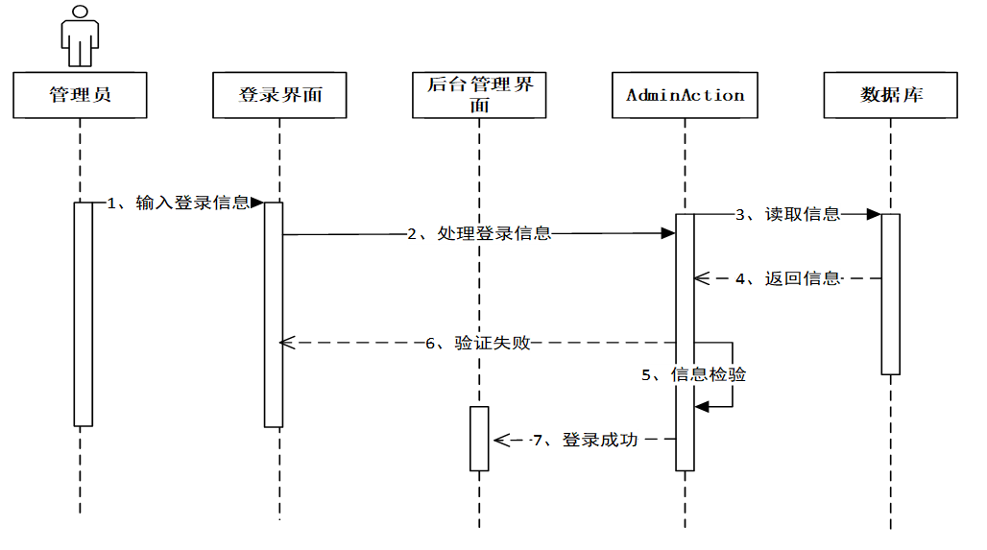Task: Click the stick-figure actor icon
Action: pyautogui.click(x=80, y=35)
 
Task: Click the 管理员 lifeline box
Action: pyautogui.click(x=80, y=95)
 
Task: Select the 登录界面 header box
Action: pyautogui.click(x=279, y=95)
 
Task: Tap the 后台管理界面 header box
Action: pyautogui.click(x=479, y=95)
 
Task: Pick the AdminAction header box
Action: pyautogui.click(x=685, y=95)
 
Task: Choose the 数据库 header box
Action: pyautogui.click(x=891, y=95)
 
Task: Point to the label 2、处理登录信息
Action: pyautogui.click(x=479, y=233)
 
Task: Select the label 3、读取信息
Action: pyautogui.click(x=787, y=214)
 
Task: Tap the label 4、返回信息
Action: pyautogui.click(x=787, y=279)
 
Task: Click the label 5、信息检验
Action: pyautogui.click(x=694, y=374)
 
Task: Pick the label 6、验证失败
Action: pyautogui.click(x=479, y=343)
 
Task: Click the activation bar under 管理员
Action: pyautogui.click(x=84, y=314)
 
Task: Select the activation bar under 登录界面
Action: pyautogui.click(x=274, y=314)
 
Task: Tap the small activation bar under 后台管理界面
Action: pyautogui.click(x=479, y=439)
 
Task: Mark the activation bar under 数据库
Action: pyautogui.click(x=890, y=294)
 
